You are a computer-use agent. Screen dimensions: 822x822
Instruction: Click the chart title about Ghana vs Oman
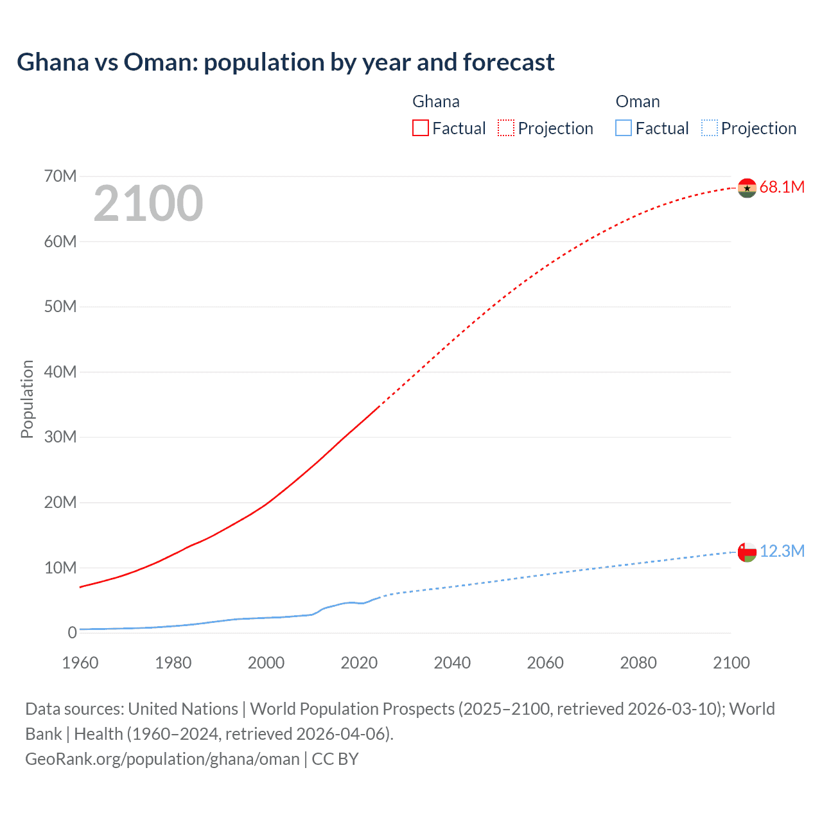coord(285,62)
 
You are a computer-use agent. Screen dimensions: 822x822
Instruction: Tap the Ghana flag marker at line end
coord(747,188)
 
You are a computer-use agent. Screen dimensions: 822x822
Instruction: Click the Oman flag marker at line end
coord(747,552)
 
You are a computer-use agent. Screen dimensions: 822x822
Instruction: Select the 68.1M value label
coord(782,188)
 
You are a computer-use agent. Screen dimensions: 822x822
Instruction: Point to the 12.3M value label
coord(782,552)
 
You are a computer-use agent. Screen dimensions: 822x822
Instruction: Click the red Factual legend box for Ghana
coord(421,128)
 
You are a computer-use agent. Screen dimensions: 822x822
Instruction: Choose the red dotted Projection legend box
coord(506,128)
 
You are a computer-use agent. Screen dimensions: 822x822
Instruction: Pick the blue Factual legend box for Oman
coord(624,128)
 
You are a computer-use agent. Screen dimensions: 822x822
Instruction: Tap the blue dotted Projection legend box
coord(709,128)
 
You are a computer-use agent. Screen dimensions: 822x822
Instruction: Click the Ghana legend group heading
coord(435,101)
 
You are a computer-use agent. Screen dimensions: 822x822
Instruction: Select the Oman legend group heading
coord(637,101)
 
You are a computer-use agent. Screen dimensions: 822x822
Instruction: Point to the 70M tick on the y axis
coord(60,176)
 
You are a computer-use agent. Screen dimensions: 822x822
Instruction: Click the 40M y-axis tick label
coord(60,372)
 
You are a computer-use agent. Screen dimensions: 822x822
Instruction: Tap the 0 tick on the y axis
coord(72,633)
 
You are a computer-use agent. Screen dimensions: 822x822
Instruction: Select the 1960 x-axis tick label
coord(80,663)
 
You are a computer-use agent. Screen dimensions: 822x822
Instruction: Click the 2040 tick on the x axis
coord(452,663)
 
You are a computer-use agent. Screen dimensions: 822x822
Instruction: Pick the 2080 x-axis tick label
coord(638,663)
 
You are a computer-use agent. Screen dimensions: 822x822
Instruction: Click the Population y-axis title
coord(27,399)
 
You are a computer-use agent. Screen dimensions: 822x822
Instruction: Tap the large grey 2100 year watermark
coord(148,204)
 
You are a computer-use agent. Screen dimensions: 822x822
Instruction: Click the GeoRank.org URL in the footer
coord(162,759)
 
